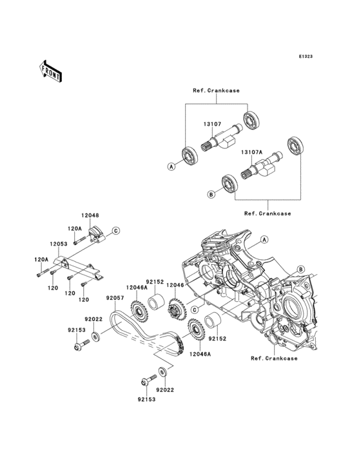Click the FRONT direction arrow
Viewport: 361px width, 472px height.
[50, 71]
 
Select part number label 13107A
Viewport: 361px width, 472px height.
[251, 152]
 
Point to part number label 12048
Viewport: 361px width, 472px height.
[90, 215]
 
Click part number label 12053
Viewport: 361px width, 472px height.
[59, 244]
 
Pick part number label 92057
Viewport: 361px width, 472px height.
[115, 298]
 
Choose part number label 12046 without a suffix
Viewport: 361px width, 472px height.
[175, 285]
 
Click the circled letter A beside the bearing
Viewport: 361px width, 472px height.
[171, 166]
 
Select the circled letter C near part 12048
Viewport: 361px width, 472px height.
[116, 231]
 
